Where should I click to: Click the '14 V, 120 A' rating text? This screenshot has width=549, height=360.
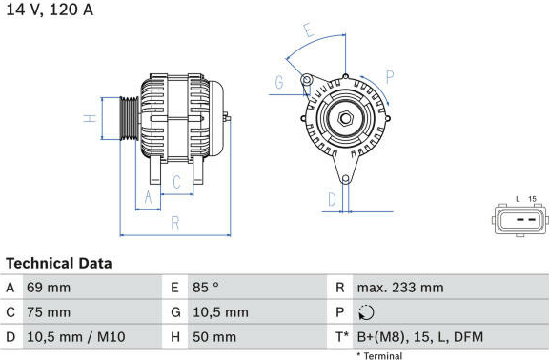pyautogui.click(x=50, y=10)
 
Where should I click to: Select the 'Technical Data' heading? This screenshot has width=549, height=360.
pyautogui.click(x=59, y=263)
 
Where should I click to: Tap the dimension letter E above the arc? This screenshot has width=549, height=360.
pyautogui.click(x=309, y=30)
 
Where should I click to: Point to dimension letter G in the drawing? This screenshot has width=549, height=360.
pyautogui.click(x=279, y=83)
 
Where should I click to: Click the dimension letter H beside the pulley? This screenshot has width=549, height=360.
pyautogui.click(x=90, y=118)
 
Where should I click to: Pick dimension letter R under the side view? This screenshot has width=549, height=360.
pyautogui.click(x=175, y=223)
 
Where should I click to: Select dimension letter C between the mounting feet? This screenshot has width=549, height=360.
pyautogui.click(x=177, y=182)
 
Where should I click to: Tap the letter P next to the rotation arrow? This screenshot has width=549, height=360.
pyautogui.click(x=390, y=77)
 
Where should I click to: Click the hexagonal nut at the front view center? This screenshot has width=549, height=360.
pyautogui.click(x=345, y=118)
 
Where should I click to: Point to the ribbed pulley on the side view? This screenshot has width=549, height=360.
pyautogui.click(x=130, y=118)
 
